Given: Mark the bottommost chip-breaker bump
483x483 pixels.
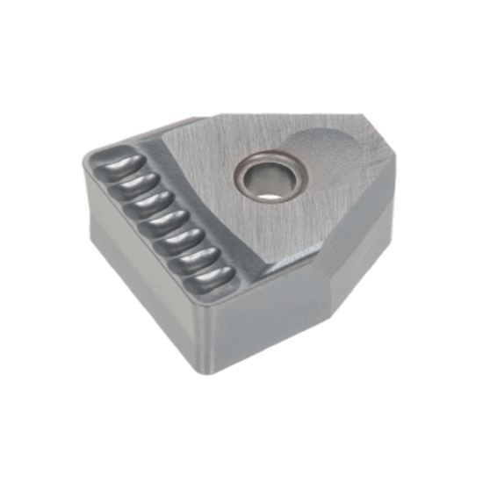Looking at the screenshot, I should [209, 276].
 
